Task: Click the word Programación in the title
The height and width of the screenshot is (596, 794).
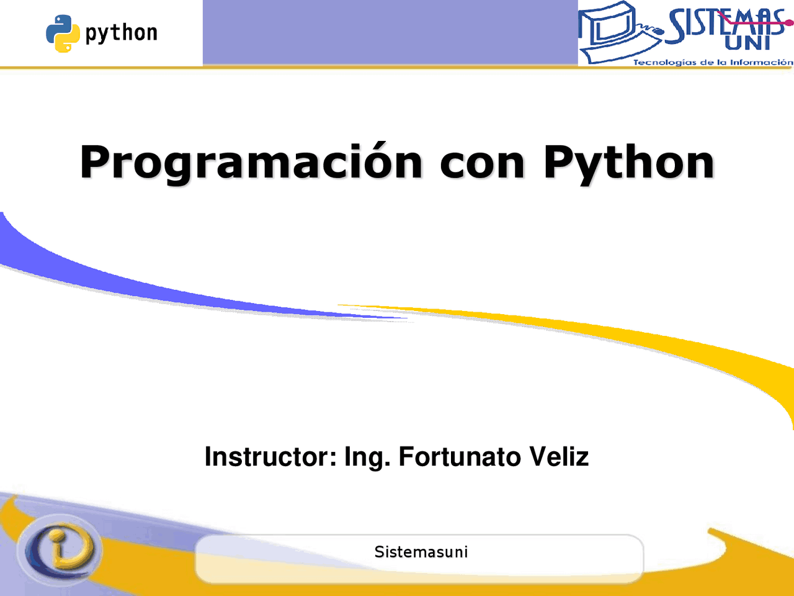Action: [251, 163]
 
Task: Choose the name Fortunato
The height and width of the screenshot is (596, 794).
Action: [459, 457]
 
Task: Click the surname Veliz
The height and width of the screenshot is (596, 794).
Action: [558, 457]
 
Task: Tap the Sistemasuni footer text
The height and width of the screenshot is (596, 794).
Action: [421, 552]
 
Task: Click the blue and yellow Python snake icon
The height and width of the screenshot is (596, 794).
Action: [63, 34]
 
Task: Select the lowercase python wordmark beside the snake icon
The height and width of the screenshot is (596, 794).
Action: [122, 34]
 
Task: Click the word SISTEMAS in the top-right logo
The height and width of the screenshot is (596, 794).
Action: [726, 24]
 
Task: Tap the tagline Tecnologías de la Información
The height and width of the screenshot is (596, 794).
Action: [713, 62]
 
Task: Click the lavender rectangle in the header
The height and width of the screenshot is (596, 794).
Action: [390, 32]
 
